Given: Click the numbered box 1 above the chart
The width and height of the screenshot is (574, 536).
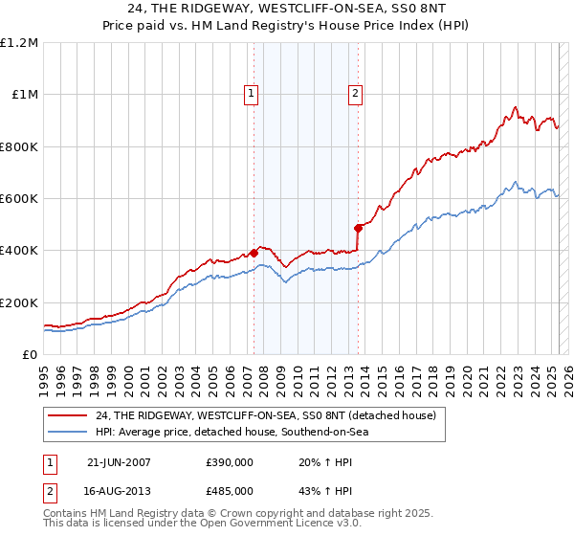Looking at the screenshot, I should (x=251, y=93).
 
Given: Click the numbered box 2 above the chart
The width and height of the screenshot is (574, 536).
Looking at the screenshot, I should (x=355, y=93).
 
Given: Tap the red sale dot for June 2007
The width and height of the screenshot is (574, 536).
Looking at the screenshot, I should (x=254, y=253).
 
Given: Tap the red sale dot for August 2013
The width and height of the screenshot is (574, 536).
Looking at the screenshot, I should (x=358, y=228).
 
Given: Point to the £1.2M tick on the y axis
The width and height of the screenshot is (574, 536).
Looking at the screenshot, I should (x=20, y=43).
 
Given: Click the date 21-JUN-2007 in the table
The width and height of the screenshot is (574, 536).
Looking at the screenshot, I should (x=118, y=461).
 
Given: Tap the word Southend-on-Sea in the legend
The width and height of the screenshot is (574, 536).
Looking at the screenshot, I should (x=332, y=432).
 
